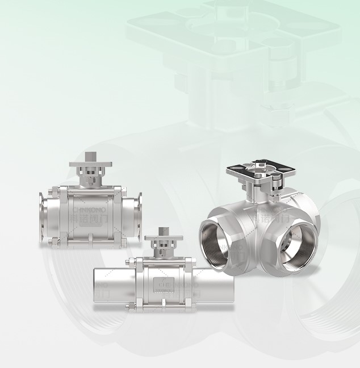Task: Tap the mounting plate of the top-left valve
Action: [x=90, y=165]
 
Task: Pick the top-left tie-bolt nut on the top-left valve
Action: [x=56, y=190]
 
